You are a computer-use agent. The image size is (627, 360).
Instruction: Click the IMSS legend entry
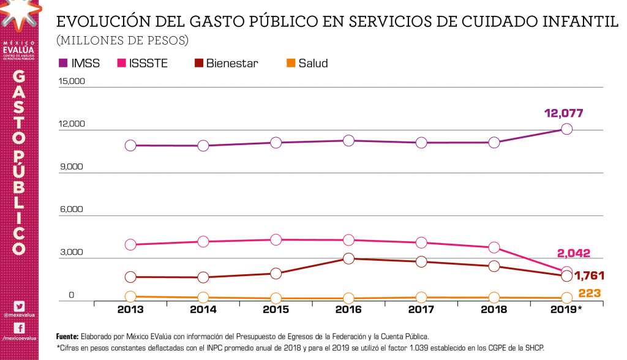(79, 63)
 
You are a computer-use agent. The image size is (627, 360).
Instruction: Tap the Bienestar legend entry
(226, 63)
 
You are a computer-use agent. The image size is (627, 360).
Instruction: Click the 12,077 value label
(563, 113)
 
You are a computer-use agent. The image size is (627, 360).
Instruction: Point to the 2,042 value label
(576, 253)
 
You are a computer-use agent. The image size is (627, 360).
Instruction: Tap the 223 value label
(590, 293)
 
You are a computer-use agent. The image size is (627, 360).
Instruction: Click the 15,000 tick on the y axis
(72, 81)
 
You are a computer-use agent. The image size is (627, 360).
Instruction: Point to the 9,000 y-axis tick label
(72, 167)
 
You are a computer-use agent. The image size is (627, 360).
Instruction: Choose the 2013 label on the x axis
(130, 310)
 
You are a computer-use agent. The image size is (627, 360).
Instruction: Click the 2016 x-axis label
(348, 310)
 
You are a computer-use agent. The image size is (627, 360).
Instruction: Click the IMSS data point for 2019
(567, 129)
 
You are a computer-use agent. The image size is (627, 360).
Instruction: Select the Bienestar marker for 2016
(348, 258)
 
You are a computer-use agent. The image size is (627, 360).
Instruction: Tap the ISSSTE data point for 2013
(130, 244)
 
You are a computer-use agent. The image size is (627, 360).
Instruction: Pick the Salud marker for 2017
(421, 298)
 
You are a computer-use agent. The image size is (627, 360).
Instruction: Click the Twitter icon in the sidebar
(19, 306)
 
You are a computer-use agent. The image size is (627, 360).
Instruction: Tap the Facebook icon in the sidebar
(19, 328)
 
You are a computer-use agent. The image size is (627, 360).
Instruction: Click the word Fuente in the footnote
(67, 337)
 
